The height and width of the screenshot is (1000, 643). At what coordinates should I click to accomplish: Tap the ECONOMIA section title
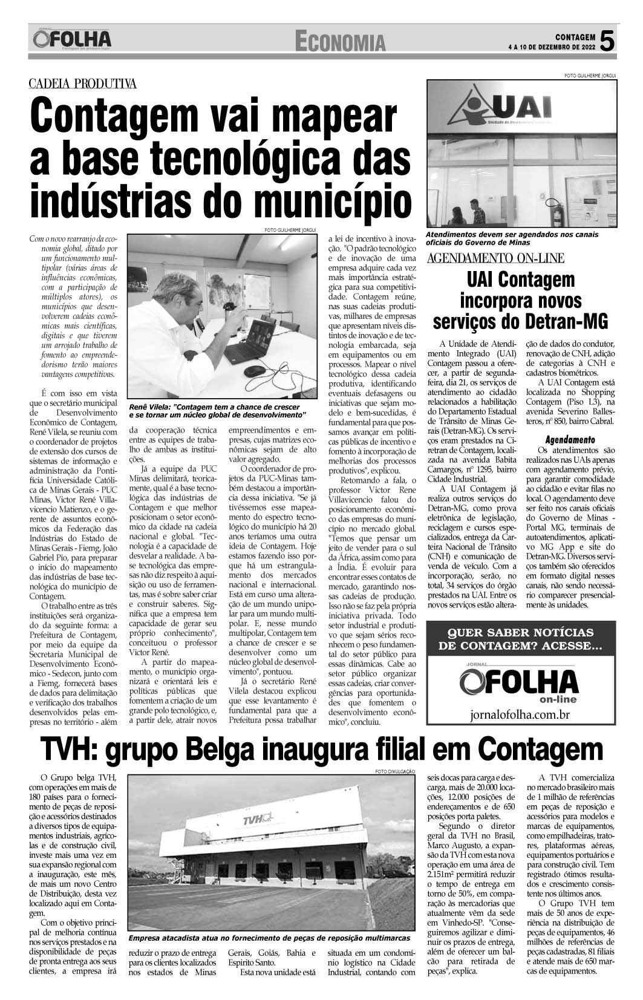click(341, 42)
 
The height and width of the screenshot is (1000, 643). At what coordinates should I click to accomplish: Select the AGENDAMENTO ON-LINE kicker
click(495, 259)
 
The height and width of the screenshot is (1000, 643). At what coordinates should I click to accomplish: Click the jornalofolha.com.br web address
click(520, 714)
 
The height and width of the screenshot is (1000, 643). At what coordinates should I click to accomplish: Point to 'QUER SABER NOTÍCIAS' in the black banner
click(520, 632)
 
